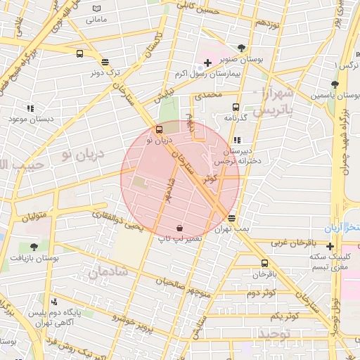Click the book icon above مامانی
(96, 8)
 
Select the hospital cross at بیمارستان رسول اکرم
(207, 63)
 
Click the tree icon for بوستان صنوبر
(242, 48)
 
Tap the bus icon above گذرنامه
(236, 107)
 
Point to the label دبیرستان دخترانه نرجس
(239, 156)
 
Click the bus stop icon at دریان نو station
(159, 129)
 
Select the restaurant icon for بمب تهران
(232, 219)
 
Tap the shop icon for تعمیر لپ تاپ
(180, 228)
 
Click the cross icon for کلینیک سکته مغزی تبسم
(330, 246)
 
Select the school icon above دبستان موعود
(30, 108)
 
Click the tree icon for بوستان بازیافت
(34, 247)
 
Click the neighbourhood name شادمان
(109, 271)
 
